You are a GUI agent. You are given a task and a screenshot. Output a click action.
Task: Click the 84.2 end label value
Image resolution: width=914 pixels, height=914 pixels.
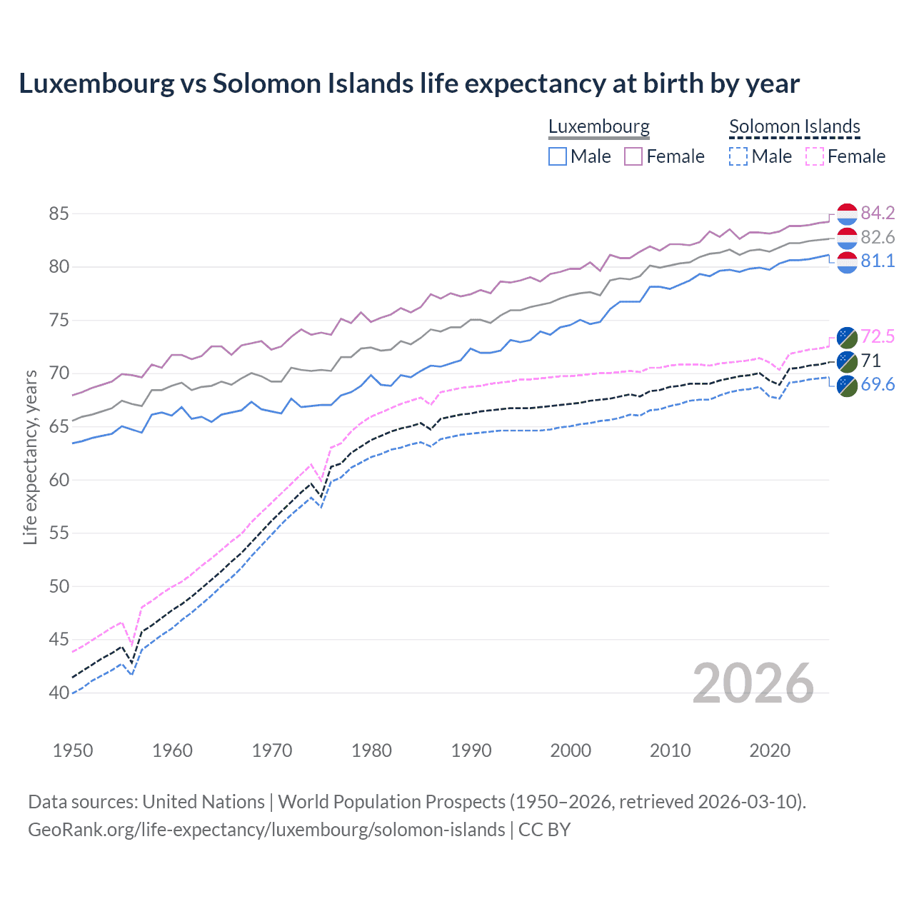pyautogui.click(x=878, y=214)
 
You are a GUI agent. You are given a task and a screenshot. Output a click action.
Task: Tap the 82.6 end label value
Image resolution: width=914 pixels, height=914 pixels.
pyautogui.click(x=878, y=237)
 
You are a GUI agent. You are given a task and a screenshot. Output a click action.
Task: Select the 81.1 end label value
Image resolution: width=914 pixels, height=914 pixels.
pyautogui.click(x=878, y=261)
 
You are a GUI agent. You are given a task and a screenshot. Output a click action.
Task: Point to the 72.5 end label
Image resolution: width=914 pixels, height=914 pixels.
pyautogui.click(x=878, y=337)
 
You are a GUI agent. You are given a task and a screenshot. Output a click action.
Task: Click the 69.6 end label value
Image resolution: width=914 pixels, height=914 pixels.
pyautogui.click(x=878, y=385)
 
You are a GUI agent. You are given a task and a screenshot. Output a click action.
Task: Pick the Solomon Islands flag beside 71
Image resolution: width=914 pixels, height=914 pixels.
pyautogui.click(x=847, y=361)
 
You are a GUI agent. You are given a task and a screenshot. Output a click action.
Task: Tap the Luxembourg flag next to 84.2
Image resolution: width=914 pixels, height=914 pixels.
pyautogui.click(x=847, y=214)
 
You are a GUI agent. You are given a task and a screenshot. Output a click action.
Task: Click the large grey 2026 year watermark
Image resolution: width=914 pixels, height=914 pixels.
pyautogui.click(x=753, y=683)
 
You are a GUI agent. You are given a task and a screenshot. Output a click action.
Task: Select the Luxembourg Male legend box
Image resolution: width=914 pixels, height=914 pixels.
pyautogui.click(x=558, y=156)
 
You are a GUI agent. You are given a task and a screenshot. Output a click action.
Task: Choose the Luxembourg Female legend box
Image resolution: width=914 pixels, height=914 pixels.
pyautogui.click(x=633, y=156)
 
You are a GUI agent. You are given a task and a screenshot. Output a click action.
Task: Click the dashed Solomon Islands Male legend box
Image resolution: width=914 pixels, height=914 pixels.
pyautogui.click(x=738, y=156)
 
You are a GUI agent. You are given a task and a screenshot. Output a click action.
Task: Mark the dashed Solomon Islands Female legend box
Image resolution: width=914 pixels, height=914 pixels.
pyautogui.click(x=814, y=156)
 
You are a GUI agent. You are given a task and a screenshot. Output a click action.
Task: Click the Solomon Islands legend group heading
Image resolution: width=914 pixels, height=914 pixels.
pyautogui.click(x=794, y=127)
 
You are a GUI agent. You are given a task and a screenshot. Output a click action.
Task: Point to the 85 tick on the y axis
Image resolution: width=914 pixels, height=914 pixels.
pyautogui.click(x=59, y=214)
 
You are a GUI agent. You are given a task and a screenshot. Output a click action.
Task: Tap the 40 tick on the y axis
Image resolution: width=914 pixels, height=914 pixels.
pyautogui.click(x=59, y=693)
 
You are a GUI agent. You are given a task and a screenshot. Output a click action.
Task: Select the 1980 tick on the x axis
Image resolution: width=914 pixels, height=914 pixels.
pyautogui.click(x=371, y=750)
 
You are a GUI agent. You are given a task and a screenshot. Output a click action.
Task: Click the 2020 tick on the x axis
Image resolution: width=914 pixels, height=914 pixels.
pyautogui.click(x=770, y=750)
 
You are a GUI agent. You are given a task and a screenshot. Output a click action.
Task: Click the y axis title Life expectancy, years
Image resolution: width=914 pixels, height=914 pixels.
pyautogui.click(x=30, y=457)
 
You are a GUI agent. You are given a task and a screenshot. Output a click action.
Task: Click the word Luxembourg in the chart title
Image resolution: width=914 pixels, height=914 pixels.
pyautogui.click(x=96, y=84)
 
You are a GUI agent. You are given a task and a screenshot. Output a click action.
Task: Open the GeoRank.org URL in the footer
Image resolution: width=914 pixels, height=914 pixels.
pyautogui.click(x=266, y=830)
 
